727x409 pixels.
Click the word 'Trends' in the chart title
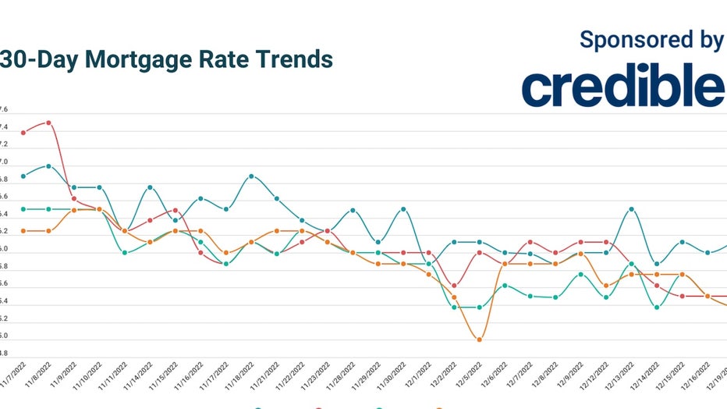[x=294, y=59]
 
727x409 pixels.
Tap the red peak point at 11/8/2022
[x=48, y=123]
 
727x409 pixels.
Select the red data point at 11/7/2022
[x=23, y=133]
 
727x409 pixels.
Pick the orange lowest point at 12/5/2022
[x=479, y=340]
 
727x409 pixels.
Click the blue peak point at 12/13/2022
[x=631, y=209]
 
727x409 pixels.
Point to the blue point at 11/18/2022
[x=251, y=176]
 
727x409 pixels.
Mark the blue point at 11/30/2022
[x=403, y=209]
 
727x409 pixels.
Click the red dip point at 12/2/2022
[x=454, y=286]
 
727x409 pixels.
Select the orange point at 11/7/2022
[x=23, y=231]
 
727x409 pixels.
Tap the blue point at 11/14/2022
[x=150, y=187]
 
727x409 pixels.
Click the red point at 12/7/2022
[x=530, y=243]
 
